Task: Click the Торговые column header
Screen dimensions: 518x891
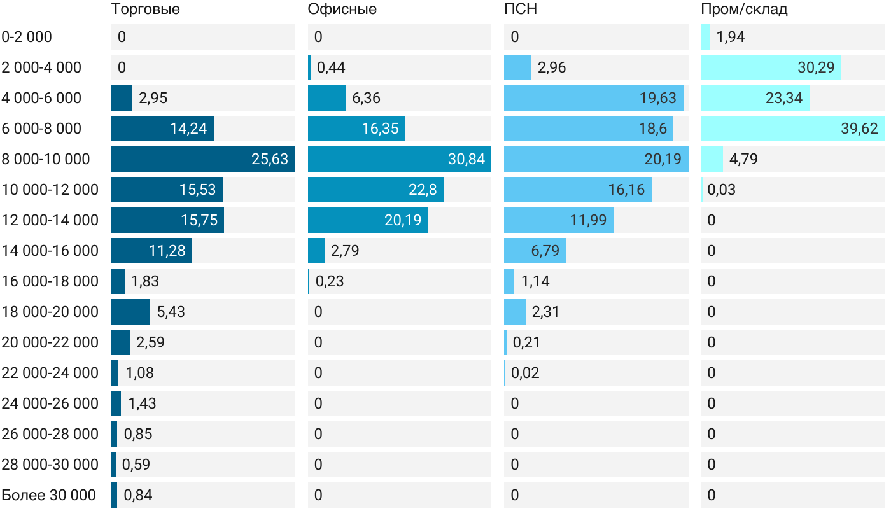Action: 145,10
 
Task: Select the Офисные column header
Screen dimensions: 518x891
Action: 342,10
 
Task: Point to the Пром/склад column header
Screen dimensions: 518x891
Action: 744,10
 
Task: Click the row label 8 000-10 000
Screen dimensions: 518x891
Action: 46,159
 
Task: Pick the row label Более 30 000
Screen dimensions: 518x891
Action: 48,495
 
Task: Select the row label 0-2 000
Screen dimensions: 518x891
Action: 27,37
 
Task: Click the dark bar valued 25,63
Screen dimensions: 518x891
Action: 202,159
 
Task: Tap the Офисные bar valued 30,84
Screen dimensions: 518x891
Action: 399,159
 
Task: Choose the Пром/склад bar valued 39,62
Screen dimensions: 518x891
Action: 792,129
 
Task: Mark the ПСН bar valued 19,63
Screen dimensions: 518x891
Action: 593,98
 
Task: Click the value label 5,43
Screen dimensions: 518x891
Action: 171,312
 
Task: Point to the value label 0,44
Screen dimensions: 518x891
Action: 331,67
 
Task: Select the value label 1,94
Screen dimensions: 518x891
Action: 731,37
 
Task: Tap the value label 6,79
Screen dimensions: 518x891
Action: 545,251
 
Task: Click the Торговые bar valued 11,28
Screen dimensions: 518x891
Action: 151,251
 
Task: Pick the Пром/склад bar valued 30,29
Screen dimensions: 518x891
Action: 771,67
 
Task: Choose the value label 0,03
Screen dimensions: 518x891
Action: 721,190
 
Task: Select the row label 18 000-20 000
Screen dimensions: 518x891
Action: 50,312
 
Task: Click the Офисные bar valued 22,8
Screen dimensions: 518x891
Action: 375,190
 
